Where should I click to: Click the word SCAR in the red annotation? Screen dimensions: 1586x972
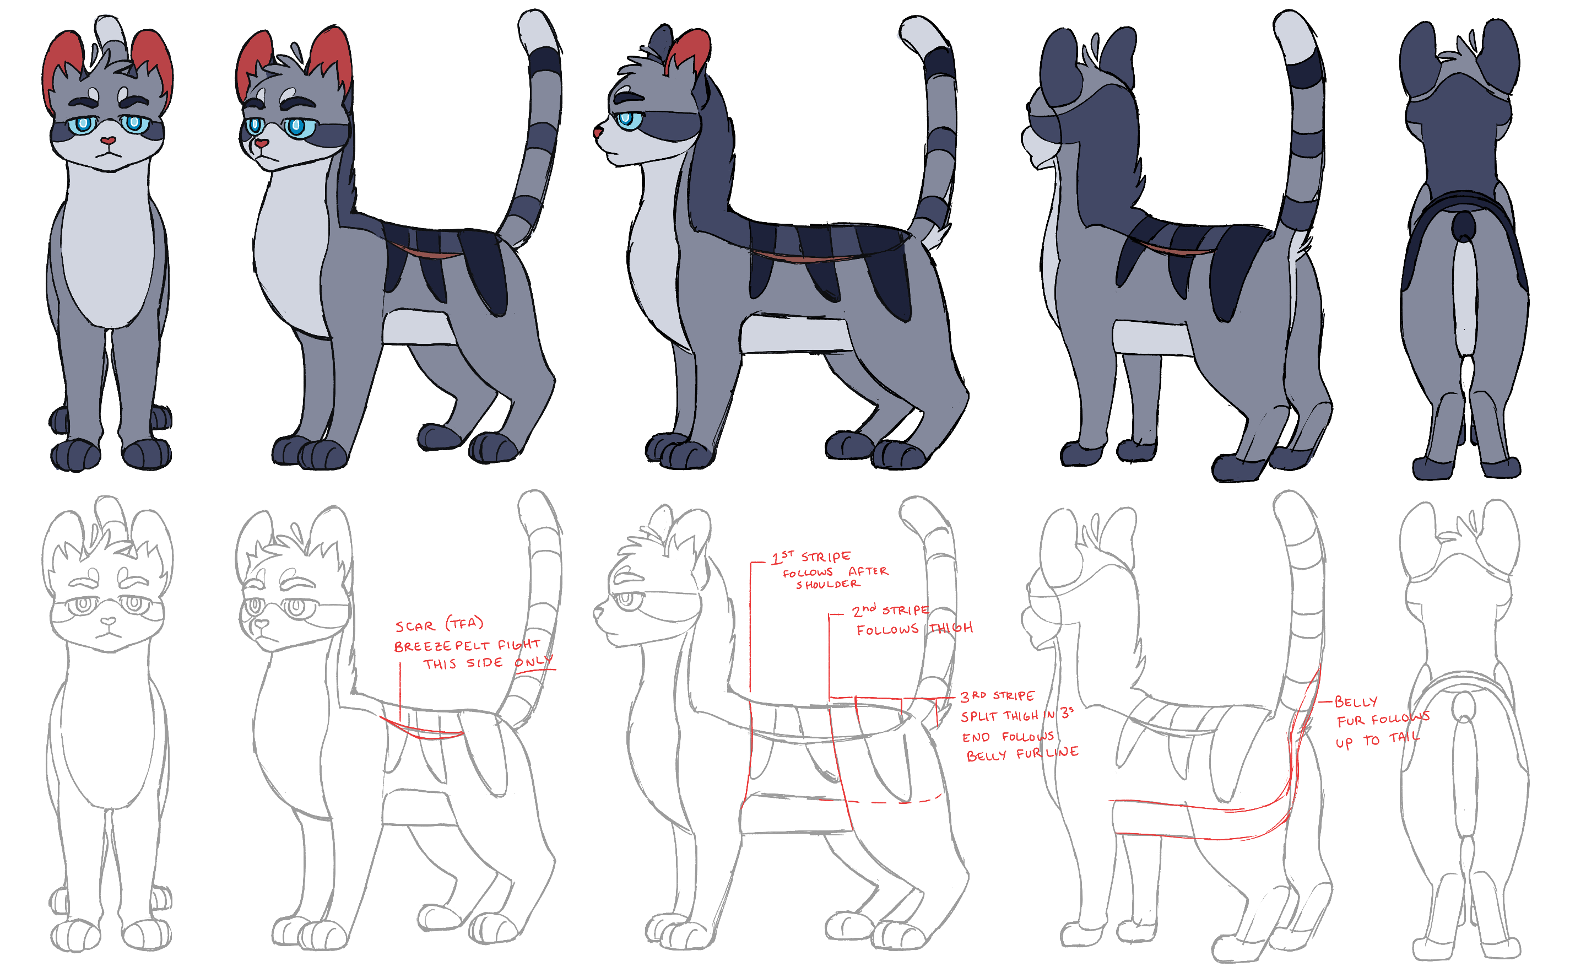pyautogui.click(x=415, y=627)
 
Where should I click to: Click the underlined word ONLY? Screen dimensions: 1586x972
pyautogui.click(x=534, y=662)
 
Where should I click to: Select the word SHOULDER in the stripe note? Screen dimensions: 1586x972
pyautogui.click(x=828, y=585)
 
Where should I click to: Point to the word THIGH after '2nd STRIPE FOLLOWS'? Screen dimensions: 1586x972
pyautogui.click(x=950, y=628)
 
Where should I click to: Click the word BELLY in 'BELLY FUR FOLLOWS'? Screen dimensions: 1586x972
pyautogui.click(x=1356, y=701)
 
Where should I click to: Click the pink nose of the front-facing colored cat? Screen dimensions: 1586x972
pyautogui.click(x=108, y=141)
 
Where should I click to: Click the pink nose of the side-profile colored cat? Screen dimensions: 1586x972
pyautogui.click(x=597, y=133)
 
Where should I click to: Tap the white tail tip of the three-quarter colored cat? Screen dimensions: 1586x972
pyautogui.click(x=536, y=29)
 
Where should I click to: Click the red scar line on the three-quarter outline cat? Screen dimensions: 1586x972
pyautogui.click(x=421, y=730)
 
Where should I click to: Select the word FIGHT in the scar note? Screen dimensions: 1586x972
pyautogui.click(x=519, y=644)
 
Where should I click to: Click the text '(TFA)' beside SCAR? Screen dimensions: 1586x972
pyautogui.click(x=465, y=623)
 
